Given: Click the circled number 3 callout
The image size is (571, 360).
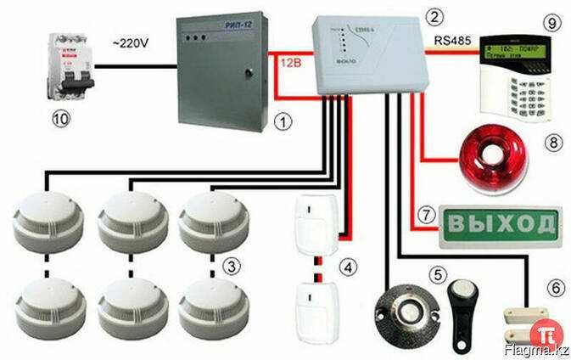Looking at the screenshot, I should tap(232, 266).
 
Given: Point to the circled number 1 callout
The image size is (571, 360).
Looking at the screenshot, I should tap(285, 121).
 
